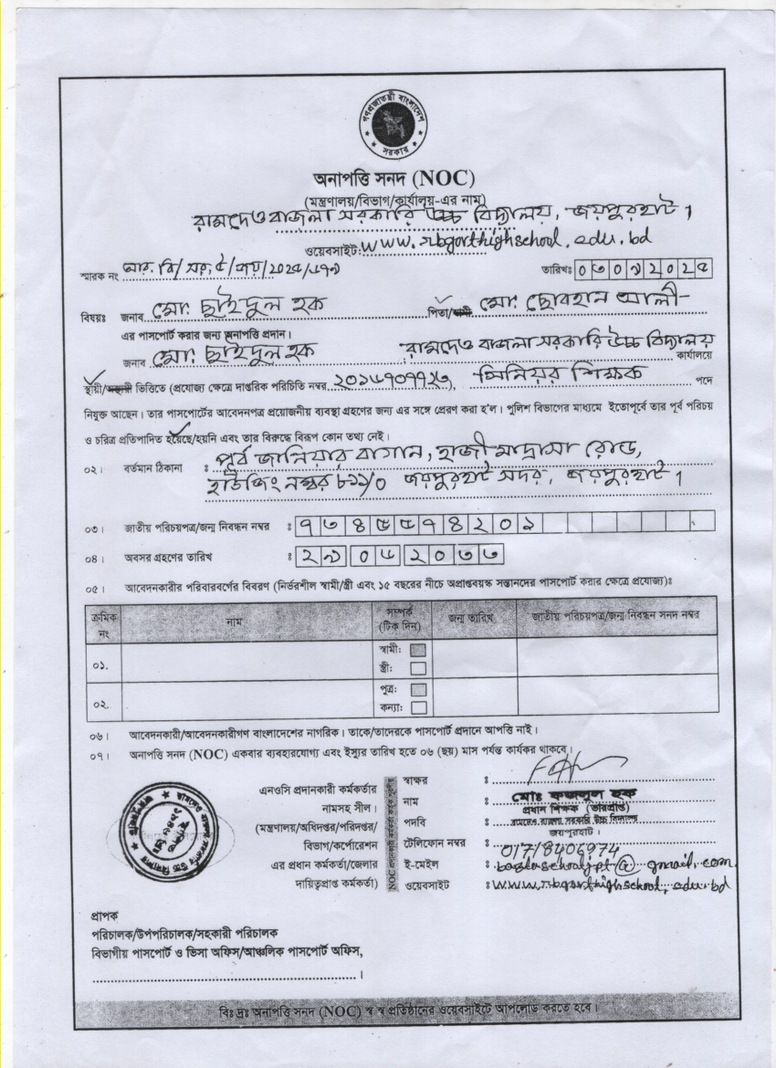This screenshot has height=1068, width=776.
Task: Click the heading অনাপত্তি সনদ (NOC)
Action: pyautogui.click(x=392, y=178)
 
